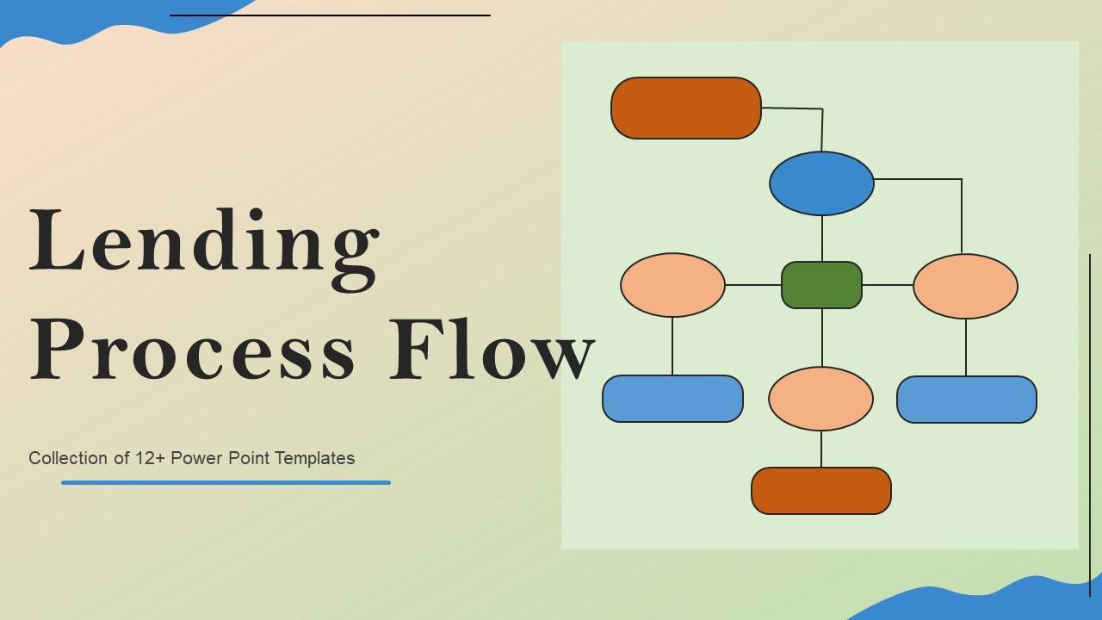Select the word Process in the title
[x=193, y=349]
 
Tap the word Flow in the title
[x=492, y=349]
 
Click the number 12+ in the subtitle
[x=151, y=458]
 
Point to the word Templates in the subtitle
[x=315, y=458]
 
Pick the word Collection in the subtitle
[x=68, y=458]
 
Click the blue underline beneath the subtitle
[x=226, y=483]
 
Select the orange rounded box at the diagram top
[x=685, y=108]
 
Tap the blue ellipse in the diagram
[x=821, y=183]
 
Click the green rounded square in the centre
[x=821, y=285]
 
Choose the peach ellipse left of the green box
[x=672, y=285]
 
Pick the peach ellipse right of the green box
[x=965, y=286]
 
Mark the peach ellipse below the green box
[x=820, y=399]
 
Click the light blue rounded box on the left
[x=672, y=399]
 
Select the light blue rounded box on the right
[x=966, y=400]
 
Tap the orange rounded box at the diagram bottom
[x=820, y=491]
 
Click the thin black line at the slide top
[x=330, y=15]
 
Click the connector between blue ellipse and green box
[x=822, y=239]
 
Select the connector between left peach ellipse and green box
[x=753, y=285]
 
